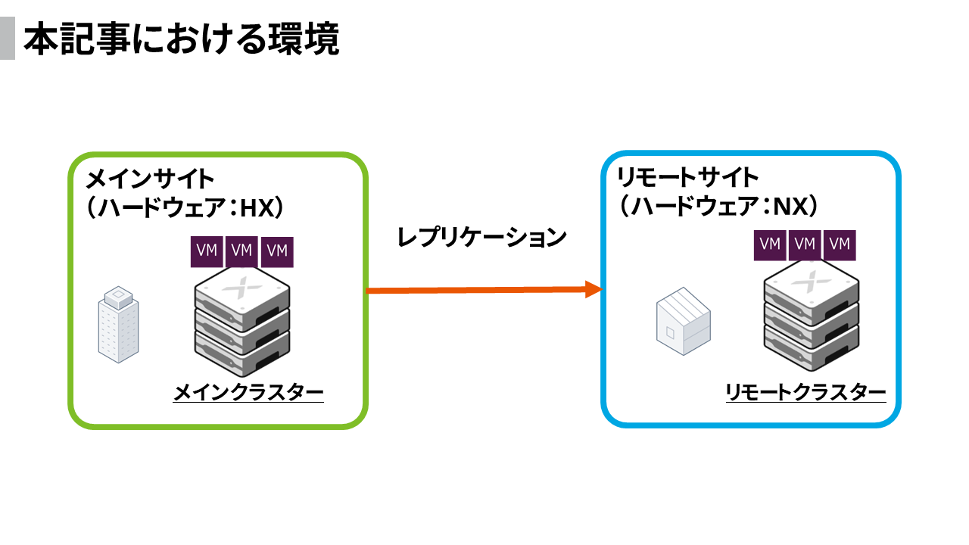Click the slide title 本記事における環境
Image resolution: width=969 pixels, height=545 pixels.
[x=181, y=40]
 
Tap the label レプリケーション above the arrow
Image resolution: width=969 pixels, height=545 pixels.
[x=482, y=237]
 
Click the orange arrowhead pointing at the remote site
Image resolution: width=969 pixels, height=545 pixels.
[x=594, y=289]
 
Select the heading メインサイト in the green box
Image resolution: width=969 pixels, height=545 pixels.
[x=150, y=180]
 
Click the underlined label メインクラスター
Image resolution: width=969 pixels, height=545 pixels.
[x=249, y=392]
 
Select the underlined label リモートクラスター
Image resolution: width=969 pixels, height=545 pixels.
[x=805, y=392]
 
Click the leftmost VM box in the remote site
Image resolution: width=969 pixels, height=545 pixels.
[x=770, y=244]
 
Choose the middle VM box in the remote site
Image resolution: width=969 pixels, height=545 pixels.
[x=805, y=244]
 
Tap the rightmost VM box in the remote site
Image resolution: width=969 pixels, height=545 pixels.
[x=840, y=244]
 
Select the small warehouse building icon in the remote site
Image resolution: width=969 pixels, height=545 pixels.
[x=682, y=322]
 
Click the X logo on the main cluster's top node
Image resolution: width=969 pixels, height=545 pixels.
[x=242, y=288]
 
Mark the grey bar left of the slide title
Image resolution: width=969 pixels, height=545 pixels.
[x=7, y=39]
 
